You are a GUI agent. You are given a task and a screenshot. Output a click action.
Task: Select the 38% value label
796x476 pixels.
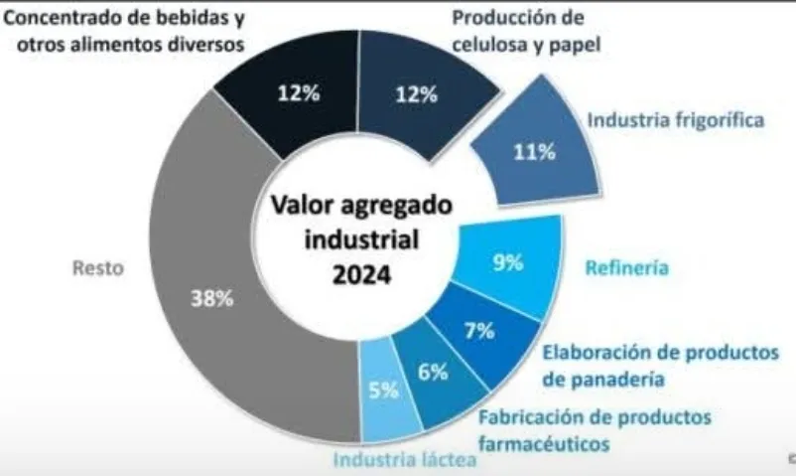[212, 300]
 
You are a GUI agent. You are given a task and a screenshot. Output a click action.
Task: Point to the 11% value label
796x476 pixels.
[533, 153]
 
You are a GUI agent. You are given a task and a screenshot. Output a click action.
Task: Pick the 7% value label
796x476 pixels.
[479, 332]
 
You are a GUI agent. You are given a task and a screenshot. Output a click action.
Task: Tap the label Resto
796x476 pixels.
[97, 268]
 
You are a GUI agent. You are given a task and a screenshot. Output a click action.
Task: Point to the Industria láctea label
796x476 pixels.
[394, 459]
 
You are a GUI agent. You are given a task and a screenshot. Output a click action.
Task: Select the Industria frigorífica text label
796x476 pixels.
[676, 120]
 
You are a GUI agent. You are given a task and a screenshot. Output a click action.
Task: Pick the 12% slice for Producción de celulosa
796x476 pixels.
[416, 96]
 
